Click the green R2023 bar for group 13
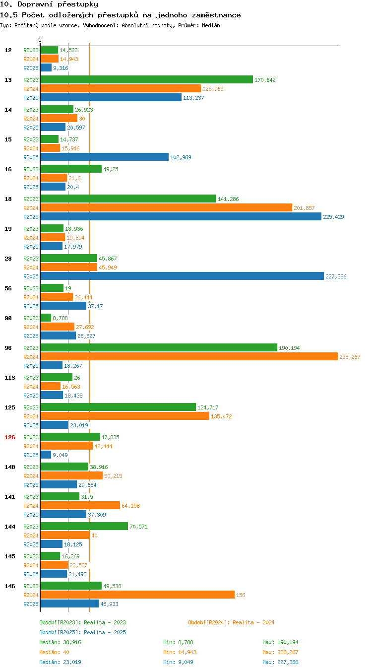coord(147,79)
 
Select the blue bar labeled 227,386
coord(182,276)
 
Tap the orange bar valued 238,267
coord(189,356)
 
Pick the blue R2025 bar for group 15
coord(105,157)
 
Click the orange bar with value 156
coord(137,594)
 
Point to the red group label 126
coord(9,437)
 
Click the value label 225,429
coord(333,216)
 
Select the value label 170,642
coord(265,80)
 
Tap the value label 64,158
coord(130,506)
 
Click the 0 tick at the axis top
coord(40,40)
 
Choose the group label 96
coord(8,348)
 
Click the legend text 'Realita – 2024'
coord(253,622)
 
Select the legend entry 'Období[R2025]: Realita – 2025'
coord(83,632)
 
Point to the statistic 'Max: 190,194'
coord(280,642)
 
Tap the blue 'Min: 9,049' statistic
coord(178,662)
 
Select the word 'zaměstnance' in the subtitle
coord(216,15)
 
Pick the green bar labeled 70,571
coord(84,526)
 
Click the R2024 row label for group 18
coord(31,207)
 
